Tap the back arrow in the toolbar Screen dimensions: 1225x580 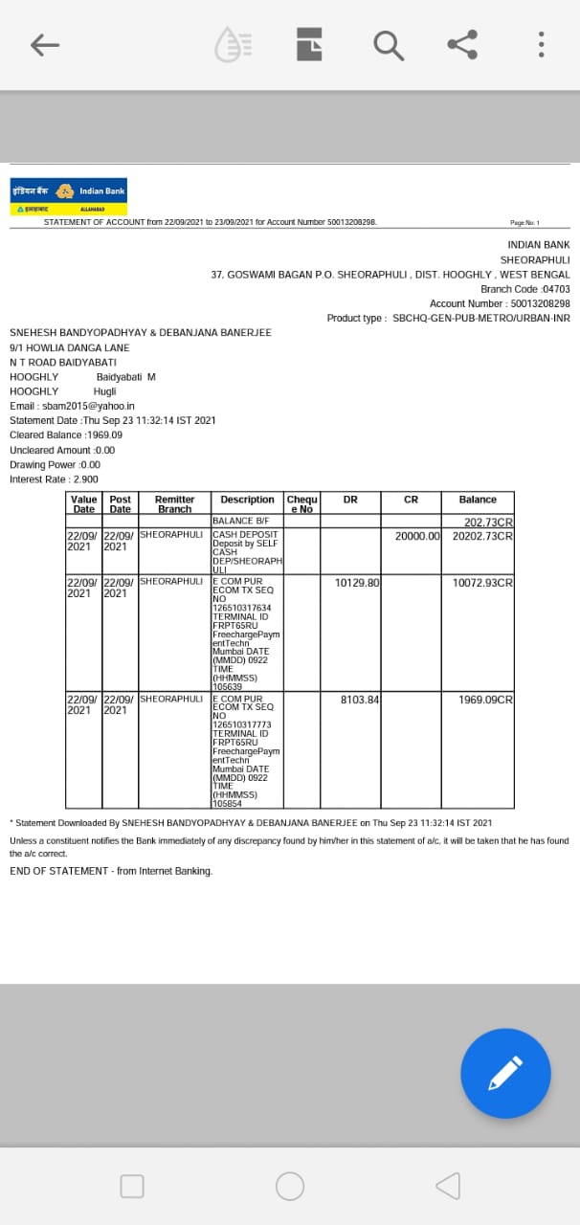pyautogui.click(x=45, y=44)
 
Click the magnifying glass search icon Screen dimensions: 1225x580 pyautogui.click(x=388, y=44)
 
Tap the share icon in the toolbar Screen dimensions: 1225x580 pyautogui.click(x=462, y=44)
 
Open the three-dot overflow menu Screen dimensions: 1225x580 pyautogui.click(x=541, y=44)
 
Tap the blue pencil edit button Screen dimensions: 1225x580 pyautogui.click(x=505, y=1073)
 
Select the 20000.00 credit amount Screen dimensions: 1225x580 pyautogui.click(x=417, y=535)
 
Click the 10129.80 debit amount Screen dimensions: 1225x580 pyautogui.click(x=357, y=582)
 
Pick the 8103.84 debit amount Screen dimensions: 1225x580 pyautogui.click(x=360, y=700)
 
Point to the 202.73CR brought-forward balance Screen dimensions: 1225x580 pyautogui.click(x=488, y=523)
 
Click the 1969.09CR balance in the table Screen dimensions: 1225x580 pyautogui.click(x=485, y=700)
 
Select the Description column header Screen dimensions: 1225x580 pyautogui.click(x=247, y=500)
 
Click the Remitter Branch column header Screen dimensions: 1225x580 pyautogui.click(x=174, y=504)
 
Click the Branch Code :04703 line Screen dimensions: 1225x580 pyautogui.click(x=524, y=289)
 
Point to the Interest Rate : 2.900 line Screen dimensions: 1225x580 pyautogui.click(x=54, y=479)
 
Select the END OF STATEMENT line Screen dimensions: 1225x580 pyautogui.click(x=111, y=871)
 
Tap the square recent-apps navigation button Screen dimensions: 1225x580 pyautogui.click(x=132, y=1186)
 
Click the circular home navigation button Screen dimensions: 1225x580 pyautogui.click(x=290, y=1186)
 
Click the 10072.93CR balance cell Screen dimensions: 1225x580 pyautogui.click(x=482, y=582)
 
